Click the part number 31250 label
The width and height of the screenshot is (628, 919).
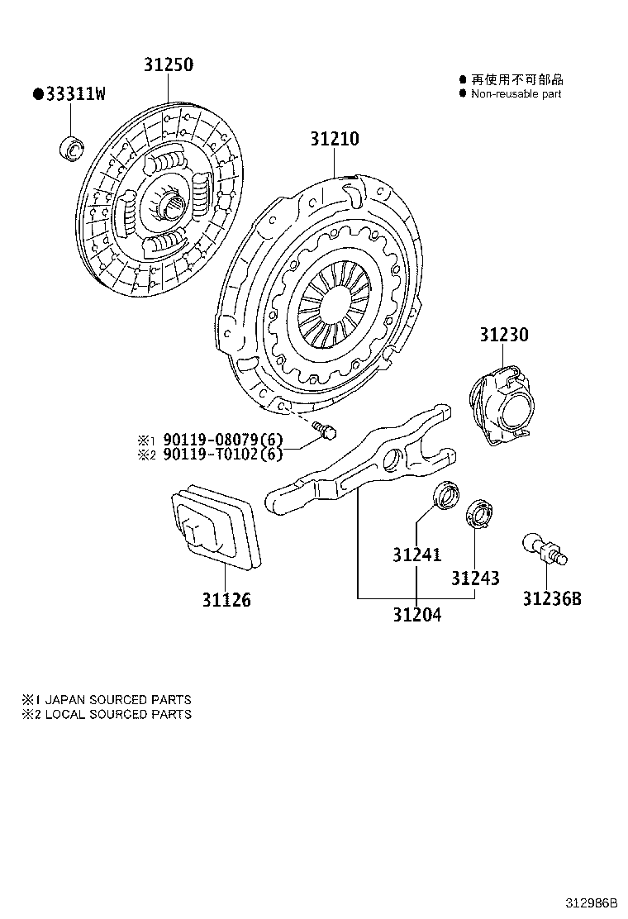click(x=168, y=65)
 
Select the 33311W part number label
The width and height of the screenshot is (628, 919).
click(x=70, y=94)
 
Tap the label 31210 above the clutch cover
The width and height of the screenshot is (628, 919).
click(x=335, y=140)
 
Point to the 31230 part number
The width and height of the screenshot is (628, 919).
click(x=503, y=336)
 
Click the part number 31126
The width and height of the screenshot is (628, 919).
click(x=226, y=600)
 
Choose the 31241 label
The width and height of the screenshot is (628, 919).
click(x=416, y=555)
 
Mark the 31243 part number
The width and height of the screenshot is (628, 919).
click(x=475, y=578)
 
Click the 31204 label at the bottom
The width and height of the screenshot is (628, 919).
click(x=416, y=615)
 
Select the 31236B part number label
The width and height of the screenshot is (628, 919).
click(x=551, y=599)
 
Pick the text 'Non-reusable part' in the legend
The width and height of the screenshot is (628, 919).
click(x=516, y=94)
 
